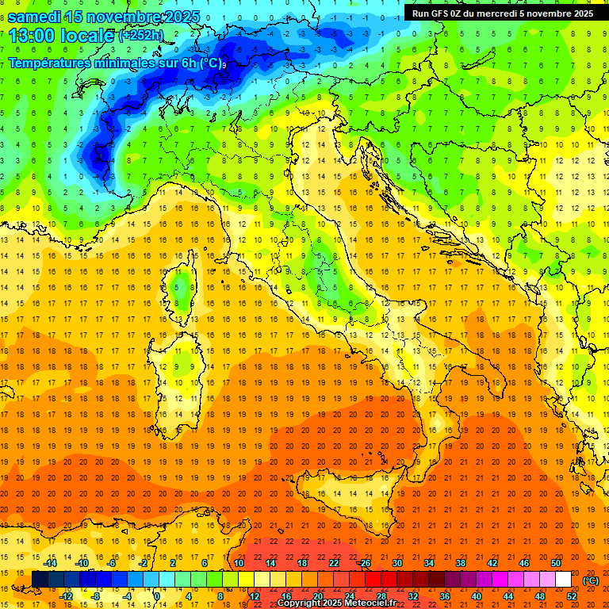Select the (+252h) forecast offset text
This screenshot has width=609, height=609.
pyautogui.click(x=141, y=36)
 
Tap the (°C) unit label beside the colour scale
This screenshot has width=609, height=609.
pyautogui.click(x=591, y=580)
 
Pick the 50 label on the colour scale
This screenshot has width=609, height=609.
pyautogui.click(x=555, y=563)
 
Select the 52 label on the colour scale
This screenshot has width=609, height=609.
pyautogui.click(x=572, y=596)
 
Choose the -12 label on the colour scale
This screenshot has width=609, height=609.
pyautogui.click(x=66, y=596)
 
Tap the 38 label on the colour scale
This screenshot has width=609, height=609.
pyautogui.click(x=460, y=563)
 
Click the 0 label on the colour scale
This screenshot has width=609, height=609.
pyautogui.click(x=157, y=596)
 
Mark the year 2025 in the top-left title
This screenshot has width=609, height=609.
pyautogui.click(x=181, y=16)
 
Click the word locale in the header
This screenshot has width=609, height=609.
pyautogui.click(x=86, y=36)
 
